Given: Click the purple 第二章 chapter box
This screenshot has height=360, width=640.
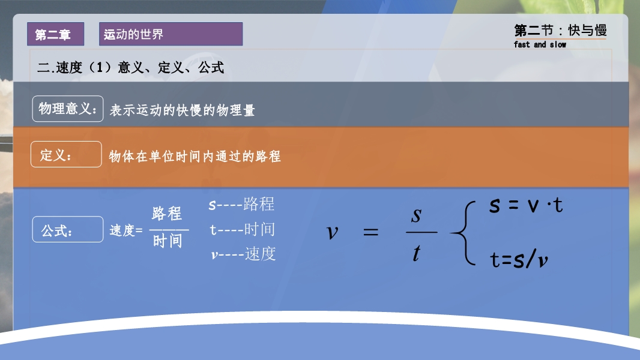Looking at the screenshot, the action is [x=55, y=34].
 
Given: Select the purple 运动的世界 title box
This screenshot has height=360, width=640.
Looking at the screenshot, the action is [x=171, y=34].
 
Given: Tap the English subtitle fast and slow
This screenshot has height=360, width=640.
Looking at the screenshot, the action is [x=540, y=44].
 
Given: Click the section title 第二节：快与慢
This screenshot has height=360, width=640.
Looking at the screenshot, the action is [x=560, y=30].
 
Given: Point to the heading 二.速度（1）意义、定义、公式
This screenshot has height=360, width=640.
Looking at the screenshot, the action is [x=131, y=67].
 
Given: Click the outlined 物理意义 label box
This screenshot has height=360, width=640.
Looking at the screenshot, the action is [x=68, y=109].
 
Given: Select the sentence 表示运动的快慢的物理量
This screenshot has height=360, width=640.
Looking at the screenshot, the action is [x=182, y=110].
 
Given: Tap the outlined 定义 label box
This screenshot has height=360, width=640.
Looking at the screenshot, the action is [x=66, y=154].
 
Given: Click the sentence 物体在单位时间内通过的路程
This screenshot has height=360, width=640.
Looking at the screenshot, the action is [x=195, y=156].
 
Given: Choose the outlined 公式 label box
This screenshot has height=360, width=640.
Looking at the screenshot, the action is [x=68, y=229].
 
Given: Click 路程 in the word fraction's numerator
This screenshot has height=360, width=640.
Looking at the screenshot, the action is [x=167, y=213].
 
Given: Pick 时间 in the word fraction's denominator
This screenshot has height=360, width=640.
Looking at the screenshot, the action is [x=168, y=241].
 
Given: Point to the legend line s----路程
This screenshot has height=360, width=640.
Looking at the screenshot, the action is [x=241, y=204].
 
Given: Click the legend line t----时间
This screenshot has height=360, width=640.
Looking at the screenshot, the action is [x=242, y=230].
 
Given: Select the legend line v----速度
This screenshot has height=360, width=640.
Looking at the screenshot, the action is [x=243, y=254].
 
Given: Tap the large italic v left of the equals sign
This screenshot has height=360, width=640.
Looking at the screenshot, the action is [x=333, y=232].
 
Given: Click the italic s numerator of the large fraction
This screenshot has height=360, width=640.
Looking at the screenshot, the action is [x=416, y=215].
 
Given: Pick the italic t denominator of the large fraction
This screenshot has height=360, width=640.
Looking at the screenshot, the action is [x=416, y=253].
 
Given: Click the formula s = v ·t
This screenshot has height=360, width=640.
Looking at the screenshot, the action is [x=526, y=205].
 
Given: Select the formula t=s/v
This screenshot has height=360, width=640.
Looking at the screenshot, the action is [x=519, y=259].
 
